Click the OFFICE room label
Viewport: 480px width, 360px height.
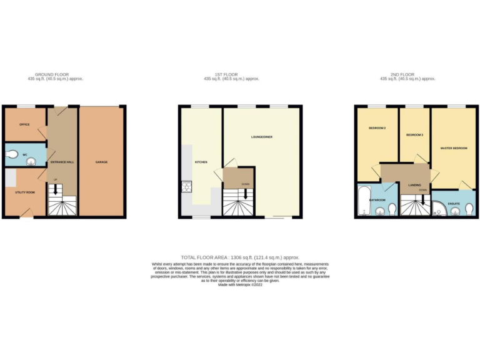24,124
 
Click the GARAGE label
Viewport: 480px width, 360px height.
101,162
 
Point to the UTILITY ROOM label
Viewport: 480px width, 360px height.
25,192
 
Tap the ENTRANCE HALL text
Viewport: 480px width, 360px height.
62,162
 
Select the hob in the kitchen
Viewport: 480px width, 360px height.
186,186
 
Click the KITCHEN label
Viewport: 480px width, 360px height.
201,162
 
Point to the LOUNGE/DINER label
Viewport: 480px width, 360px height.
262,136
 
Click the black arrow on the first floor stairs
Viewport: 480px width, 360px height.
244,194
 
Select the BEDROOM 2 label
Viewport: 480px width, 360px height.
377,128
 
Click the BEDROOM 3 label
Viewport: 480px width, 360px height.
414,135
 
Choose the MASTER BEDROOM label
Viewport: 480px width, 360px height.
454,148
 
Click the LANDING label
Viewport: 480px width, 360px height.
414,185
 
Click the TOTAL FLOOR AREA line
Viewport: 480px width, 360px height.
240,257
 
